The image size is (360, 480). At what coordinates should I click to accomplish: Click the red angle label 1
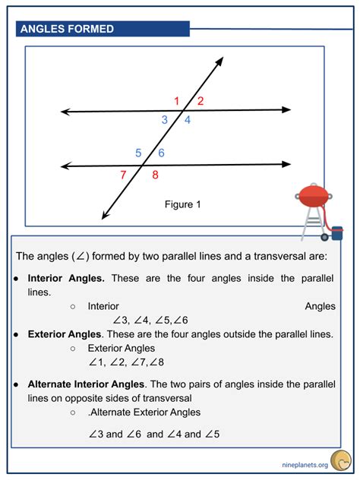tap(177, 101)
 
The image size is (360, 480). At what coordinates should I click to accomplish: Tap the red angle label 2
tap(201, 101)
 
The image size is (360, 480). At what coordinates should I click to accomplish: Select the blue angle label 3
tap(164, 120)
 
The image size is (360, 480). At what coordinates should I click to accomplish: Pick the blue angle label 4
tap(188, 120)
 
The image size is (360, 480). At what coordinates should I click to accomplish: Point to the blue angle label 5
tap(138, 153)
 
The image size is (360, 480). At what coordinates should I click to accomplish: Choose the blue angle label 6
tap(161, 153)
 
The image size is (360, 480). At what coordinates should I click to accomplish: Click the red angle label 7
tap(123, 175)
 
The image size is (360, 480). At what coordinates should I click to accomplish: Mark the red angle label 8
tap(155, 175)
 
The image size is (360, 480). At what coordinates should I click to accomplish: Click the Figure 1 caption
tap(182, 204)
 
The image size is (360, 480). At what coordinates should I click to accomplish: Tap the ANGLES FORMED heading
tap(68, 29)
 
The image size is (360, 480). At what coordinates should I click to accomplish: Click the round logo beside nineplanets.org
tap(343, 460)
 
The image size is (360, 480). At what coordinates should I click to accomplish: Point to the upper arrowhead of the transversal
tap(220, 59)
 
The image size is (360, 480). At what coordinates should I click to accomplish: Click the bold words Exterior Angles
tap(64, 333)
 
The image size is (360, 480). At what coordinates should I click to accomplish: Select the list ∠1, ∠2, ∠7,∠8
tap(126, 362)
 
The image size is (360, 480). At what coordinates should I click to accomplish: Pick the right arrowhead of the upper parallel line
tap(287, 110)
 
